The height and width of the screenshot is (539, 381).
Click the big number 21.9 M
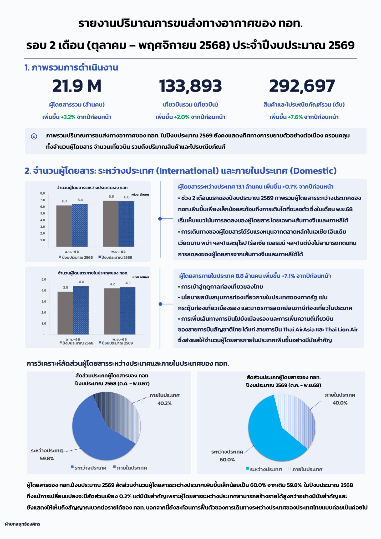coord(77,86)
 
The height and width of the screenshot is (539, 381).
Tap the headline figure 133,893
coord(190,86)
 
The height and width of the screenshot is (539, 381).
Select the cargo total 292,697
coord(302,86)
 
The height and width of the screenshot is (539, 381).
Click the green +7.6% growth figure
coord(295,117)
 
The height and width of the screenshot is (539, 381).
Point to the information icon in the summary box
coord(34,136)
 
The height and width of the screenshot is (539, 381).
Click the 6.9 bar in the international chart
coord(111,224)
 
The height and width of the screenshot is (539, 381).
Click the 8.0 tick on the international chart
coord(42,193)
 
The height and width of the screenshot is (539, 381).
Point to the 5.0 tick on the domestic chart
coord(44,280)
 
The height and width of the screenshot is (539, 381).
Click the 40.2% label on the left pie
coord(164,403)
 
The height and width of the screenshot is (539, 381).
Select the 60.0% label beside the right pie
coord(227,460)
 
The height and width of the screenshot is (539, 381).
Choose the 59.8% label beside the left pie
coord(47,458)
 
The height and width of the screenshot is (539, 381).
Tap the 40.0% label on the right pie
coord(340,403)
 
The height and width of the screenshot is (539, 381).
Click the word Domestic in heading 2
coord(313,171)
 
